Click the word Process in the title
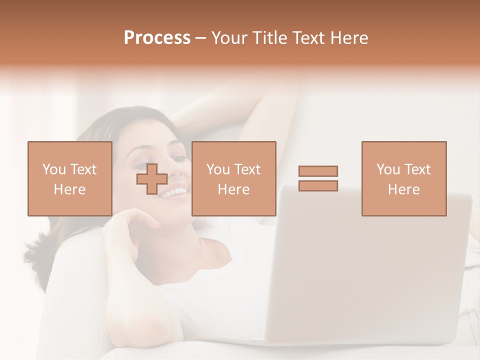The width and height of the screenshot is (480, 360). pos(157,38)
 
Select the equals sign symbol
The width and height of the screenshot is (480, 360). pos(318,178)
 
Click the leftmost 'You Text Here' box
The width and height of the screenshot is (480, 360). pos(69,178)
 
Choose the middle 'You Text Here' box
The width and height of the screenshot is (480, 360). pos(233,178)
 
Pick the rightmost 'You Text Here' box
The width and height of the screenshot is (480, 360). pos(403,178)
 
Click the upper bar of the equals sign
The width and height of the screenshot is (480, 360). pos(318,171)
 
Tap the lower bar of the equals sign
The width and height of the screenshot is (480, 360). pos(318,186)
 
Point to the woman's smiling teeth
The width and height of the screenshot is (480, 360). pos(172,192)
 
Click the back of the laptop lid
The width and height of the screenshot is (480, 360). pos(370,265)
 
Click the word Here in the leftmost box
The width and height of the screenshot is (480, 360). pos(69,189)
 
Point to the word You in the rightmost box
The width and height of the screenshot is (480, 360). pos(388,169)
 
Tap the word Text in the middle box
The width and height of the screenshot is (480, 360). pos(247,169)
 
